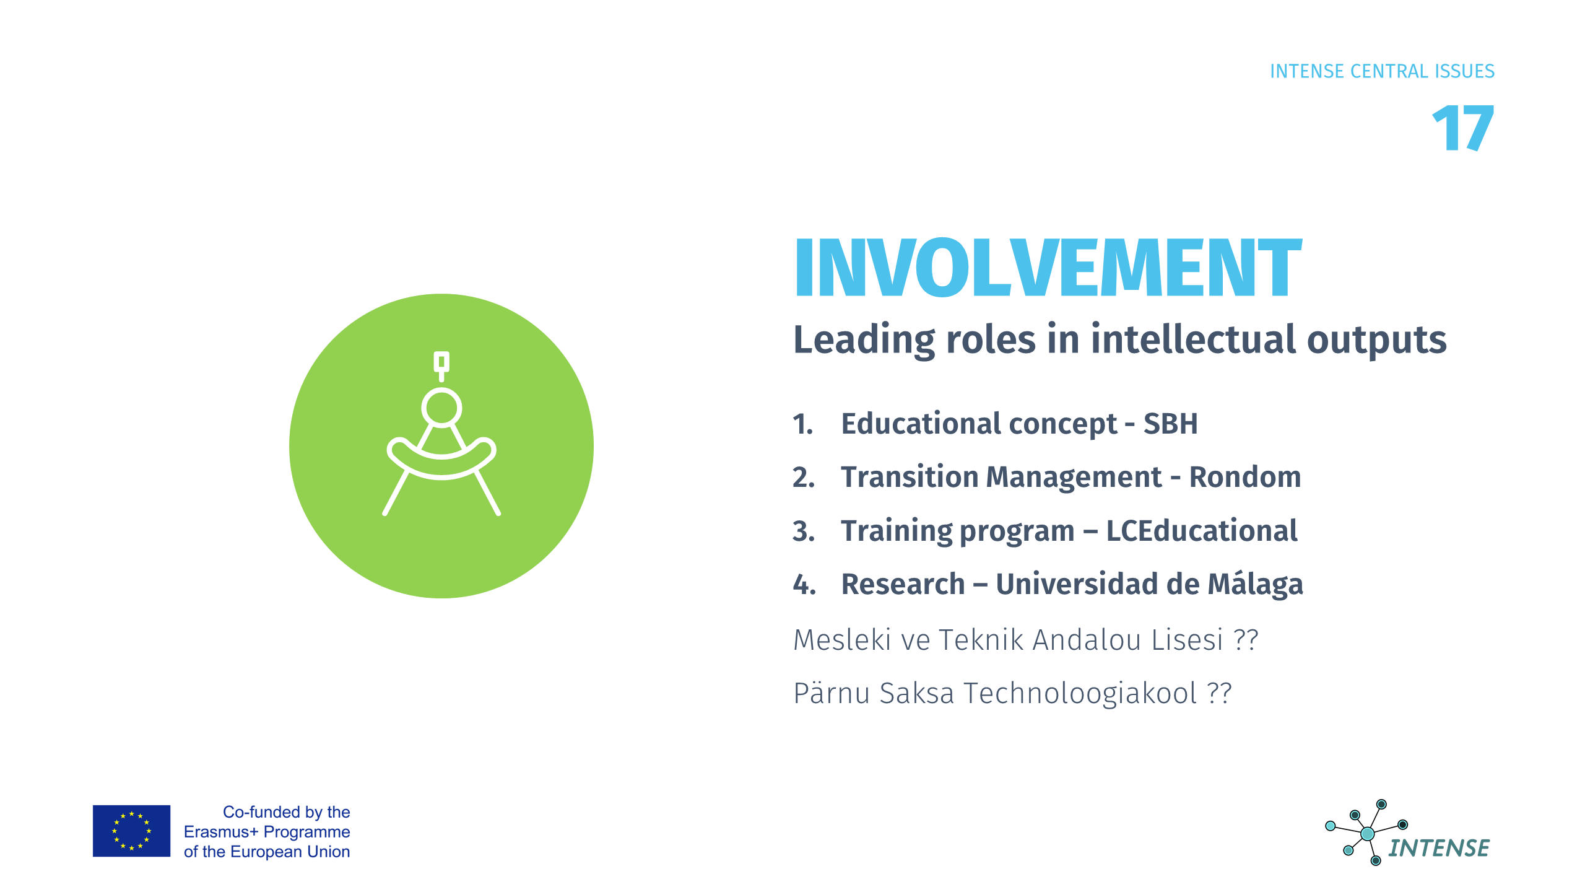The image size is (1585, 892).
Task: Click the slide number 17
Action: pos(1463,128)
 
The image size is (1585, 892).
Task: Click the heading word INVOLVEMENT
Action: pos(1048,268)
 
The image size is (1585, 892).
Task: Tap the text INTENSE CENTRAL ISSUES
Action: pos(1382,71)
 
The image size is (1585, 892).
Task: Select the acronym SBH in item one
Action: pos(1170,424)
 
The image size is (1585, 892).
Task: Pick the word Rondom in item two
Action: pos(1245,477)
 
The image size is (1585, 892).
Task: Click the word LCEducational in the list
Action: pos(1202,530)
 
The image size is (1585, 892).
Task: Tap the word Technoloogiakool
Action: pos(1080,693)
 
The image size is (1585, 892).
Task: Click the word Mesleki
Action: pos(842,639)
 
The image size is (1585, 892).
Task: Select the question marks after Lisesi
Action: pos(1246,639)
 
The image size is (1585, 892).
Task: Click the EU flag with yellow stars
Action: pos(131,831)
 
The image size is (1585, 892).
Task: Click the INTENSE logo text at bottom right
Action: pos(1438,848)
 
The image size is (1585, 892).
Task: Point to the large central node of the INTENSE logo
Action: pos(1367,834)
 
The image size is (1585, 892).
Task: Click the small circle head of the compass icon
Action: pos(441,407)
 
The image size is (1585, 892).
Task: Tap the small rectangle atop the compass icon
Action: pos(441,361)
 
